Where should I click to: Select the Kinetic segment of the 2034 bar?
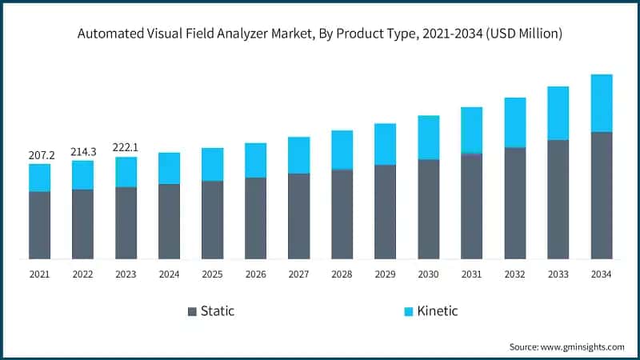pos(601,103)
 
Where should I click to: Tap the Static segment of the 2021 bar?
pos(39,226)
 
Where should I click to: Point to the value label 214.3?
pos(82,150)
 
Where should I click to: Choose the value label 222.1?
pos(126,146)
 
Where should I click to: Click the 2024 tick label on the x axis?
pos(169,274)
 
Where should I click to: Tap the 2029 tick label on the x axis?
pos(385,274)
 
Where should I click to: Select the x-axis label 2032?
pos(514,274)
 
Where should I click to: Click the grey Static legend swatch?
pos(192,310)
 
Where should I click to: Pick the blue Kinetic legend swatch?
pos(406,310)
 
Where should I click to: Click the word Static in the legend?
pos(218,310)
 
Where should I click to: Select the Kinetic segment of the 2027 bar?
pos(298,155)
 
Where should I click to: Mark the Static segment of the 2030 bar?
pos(428,209)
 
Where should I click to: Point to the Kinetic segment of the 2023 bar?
pos(126,172)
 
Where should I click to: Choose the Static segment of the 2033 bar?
pos(558,199)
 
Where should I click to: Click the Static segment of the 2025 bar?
pos(212,220)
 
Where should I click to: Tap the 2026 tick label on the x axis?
pos(255,274)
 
